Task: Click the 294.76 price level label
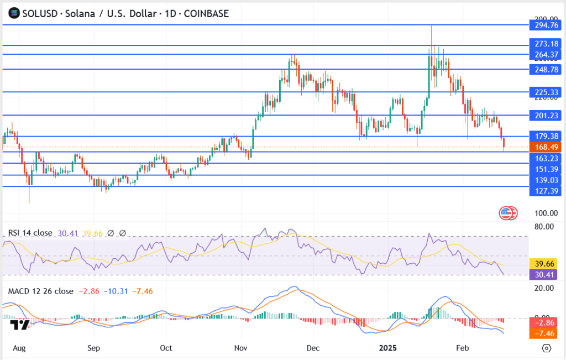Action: (x=544, y=24)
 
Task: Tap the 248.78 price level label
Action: (x=544, y=69)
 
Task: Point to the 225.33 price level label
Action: (x=544, y=92)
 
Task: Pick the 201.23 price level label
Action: (x=544, y=115)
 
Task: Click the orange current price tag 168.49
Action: (x=544, y=147)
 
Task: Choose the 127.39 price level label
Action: (x=544, y=191)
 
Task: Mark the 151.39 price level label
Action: (x=544, y=169)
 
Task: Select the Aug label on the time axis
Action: (x=19, y=349)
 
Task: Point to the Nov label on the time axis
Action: (x=240, y=349)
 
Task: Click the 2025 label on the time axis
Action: (x=387, y=349)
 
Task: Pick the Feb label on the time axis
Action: (x=463, y=349)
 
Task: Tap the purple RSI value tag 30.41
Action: (x=544, y=274)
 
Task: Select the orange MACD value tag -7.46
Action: (x=544, y=333)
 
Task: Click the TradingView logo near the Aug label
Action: (x=19, y=326)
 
